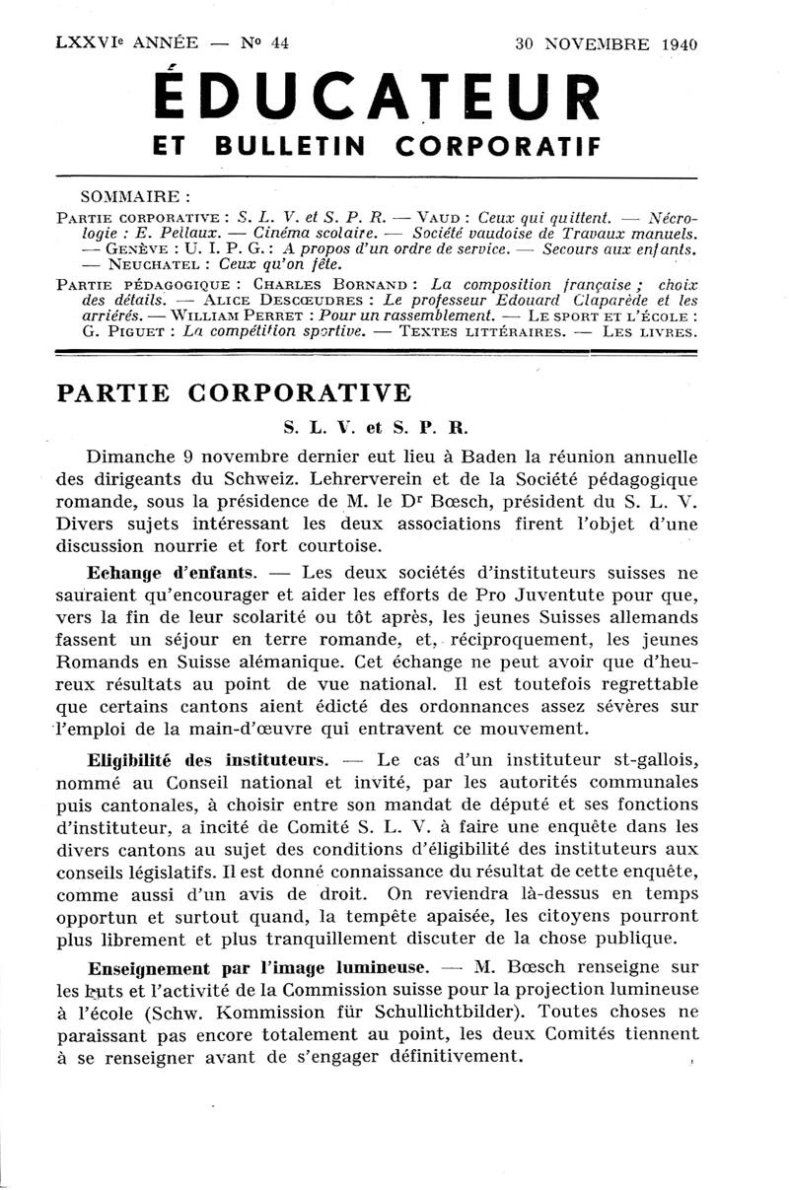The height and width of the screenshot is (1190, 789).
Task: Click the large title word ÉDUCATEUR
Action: (x=377, y=99)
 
